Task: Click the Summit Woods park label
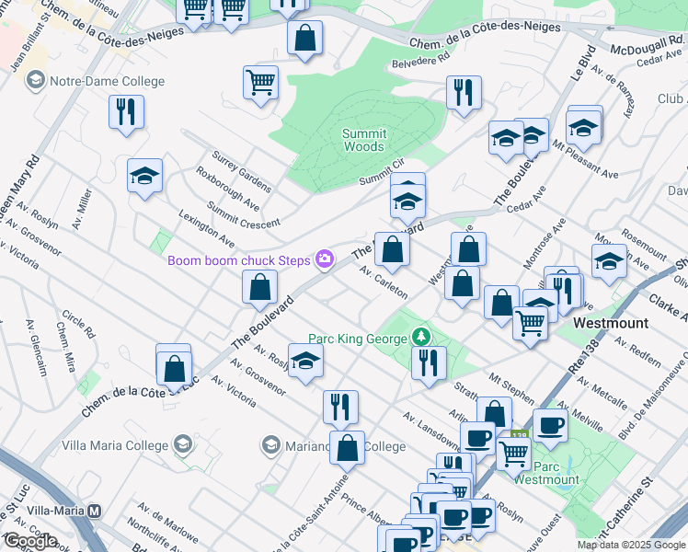(363, 140)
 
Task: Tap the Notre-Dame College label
(108, 81)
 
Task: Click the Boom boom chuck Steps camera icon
(324, 259)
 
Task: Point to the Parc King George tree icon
(422, 338)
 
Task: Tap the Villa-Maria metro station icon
(94, 511)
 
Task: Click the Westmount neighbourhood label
(611, 324)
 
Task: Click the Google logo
(29, 541)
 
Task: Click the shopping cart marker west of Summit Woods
(261, 83)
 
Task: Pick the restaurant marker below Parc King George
(429, 362)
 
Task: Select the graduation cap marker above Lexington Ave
(144, 175)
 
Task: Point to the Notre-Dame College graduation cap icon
(36, 81)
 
